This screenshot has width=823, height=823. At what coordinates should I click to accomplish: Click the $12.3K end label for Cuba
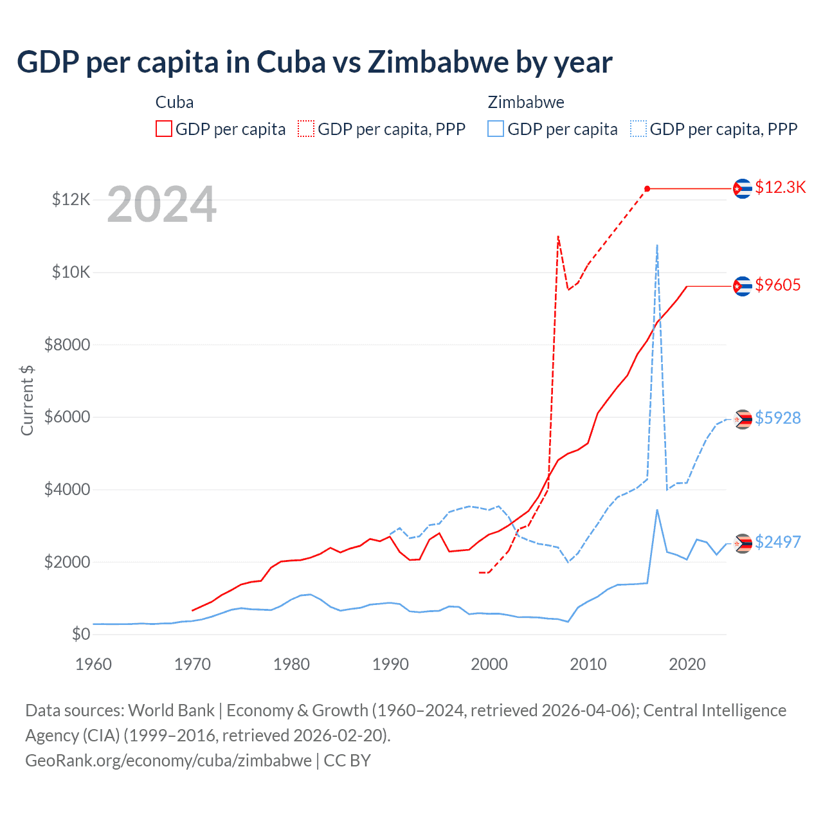point(780,187)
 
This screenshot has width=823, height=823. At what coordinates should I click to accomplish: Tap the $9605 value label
point(777,285)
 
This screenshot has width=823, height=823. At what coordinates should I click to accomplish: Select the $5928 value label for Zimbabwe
point(777,418)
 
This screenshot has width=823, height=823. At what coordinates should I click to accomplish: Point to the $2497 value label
point(777,542)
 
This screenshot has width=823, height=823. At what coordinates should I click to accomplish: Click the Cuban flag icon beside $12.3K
point(743,188)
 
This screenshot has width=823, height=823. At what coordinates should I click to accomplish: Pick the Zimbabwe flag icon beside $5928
point(743,419)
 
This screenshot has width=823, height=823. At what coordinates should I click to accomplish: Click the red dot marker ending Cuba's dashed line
point(647,188)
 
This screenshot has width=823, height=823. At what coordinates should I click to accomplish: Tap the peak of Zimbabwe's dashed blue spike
point(657,245)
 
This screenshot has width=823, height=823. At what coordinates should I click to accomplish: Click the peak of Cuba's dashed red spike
point(558,237)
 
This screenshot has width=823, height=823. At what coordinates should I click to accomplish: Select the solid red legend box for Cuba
point(164,129)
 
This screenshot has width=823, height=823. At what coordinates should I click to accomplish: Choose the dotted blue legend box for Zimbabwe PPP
point(638,129)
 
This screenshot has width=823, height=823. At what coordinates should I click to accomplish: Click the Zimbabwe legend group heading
point(526,102)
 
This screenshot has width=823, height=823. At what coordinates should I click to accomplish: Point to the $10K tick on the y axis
point(71,272)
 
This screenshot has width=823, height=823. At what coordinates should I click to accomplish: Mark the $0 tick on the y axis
point(80,634)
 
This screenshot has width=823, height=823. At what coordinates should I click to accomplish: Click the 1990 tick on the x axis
point(390,664)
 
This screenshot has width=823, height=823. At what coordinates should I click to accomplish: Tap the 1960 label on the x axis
point(94,664)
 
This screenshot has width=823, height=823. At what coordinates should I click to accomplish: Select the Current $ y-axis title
point(27,400)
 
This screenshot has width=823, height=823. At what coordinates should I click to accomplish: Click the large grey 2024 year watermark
point(161,205)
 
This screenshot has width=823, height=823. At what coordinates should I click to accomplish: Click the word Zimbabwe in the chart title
point(439,62)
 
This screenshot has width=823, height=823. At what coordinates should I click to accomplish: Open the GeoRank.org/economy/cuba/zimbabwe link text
point(168,761)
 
